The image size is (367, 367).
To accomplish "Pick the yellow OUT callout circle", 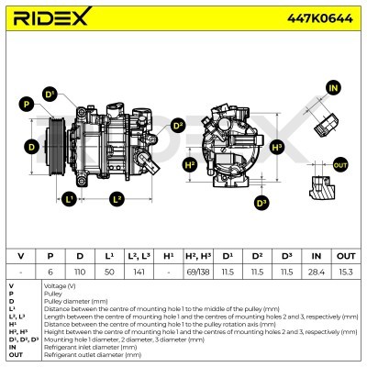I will point(340,164).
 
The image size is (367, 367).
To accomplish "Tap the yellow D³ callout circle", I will point(261,202).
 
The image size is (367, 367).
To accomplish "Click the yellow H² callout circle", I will point(190,165).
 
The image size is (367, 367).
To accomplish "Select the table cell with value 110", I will point(81,272).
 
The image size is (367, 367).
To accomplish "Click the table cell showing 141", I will point(139,272).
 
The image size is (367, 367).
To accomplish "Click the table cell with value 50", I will point(109,272).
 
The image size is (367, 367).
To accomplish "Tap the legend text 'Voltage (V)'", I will point(63,286).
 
